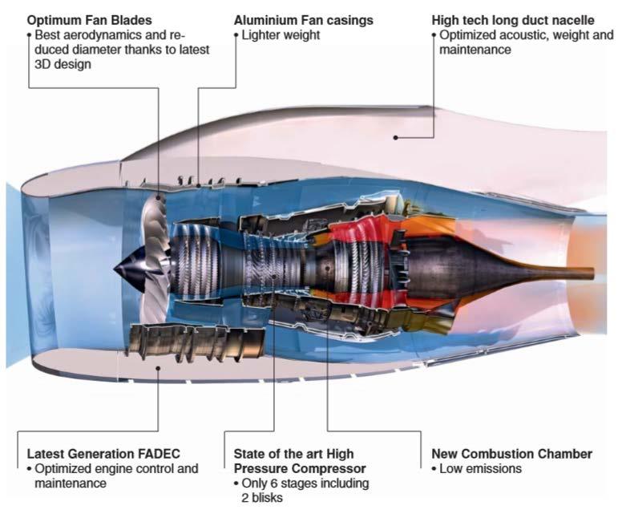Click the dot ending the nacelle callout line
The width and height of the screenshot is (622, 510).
396,137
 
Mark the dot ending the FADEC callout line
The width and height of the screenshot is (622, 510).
159,368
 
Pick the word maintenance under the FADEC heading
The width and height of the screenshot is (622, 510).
70,484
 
